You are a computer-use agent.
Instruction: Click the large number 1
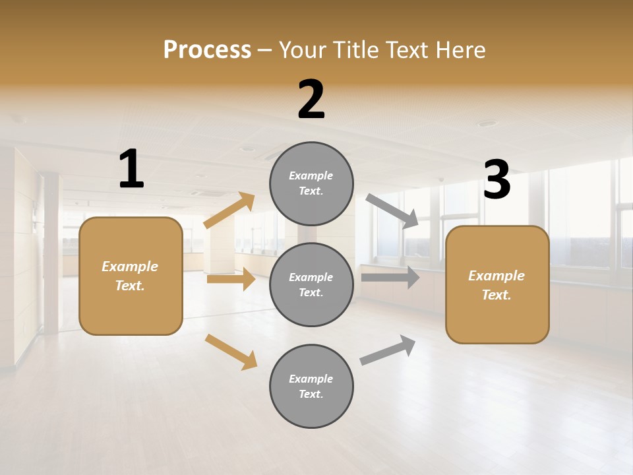pyautogui.click(x=131, y=170)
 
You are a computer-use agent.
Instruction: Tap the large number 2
pyautogui.click(x=311, y=100)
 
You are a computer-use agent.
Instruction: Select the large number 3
pyautogui.click(x=497, y=180)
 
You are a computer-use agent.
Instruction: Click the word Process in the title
pyautogui.click(x=207, y=49)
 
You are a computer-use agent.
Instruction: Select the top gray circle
pyautogui.click(x=311, y=183)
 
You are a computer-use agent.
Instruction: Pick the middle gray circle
pyautogui.click(x=311, y=284)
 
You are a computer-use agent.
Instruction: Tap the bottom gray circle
pyautogui.click(x=311, y=386)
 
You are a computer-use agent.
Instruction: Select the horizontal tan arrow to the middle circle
pyautogui.click(x=231, y=279)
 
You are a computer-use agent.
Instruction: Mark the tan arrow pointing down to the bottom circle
pyautogui.click(x=231, y=352)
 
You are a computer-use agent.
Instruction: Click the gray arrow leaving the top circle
pyautogui.click(x=392, y=211)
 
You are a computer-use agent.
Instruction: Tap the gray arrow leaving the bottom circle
pyautogui.click(x=388, y=350)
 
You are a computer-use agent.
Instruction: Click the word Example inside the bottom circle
pyautogui.click(x=311, y=379)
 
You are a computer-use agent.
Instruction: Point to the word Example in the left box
pyautogui.click(x=130, y=267)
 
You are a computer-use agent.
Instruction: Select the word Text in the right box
pyautogui.click(x=496, y=295)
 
